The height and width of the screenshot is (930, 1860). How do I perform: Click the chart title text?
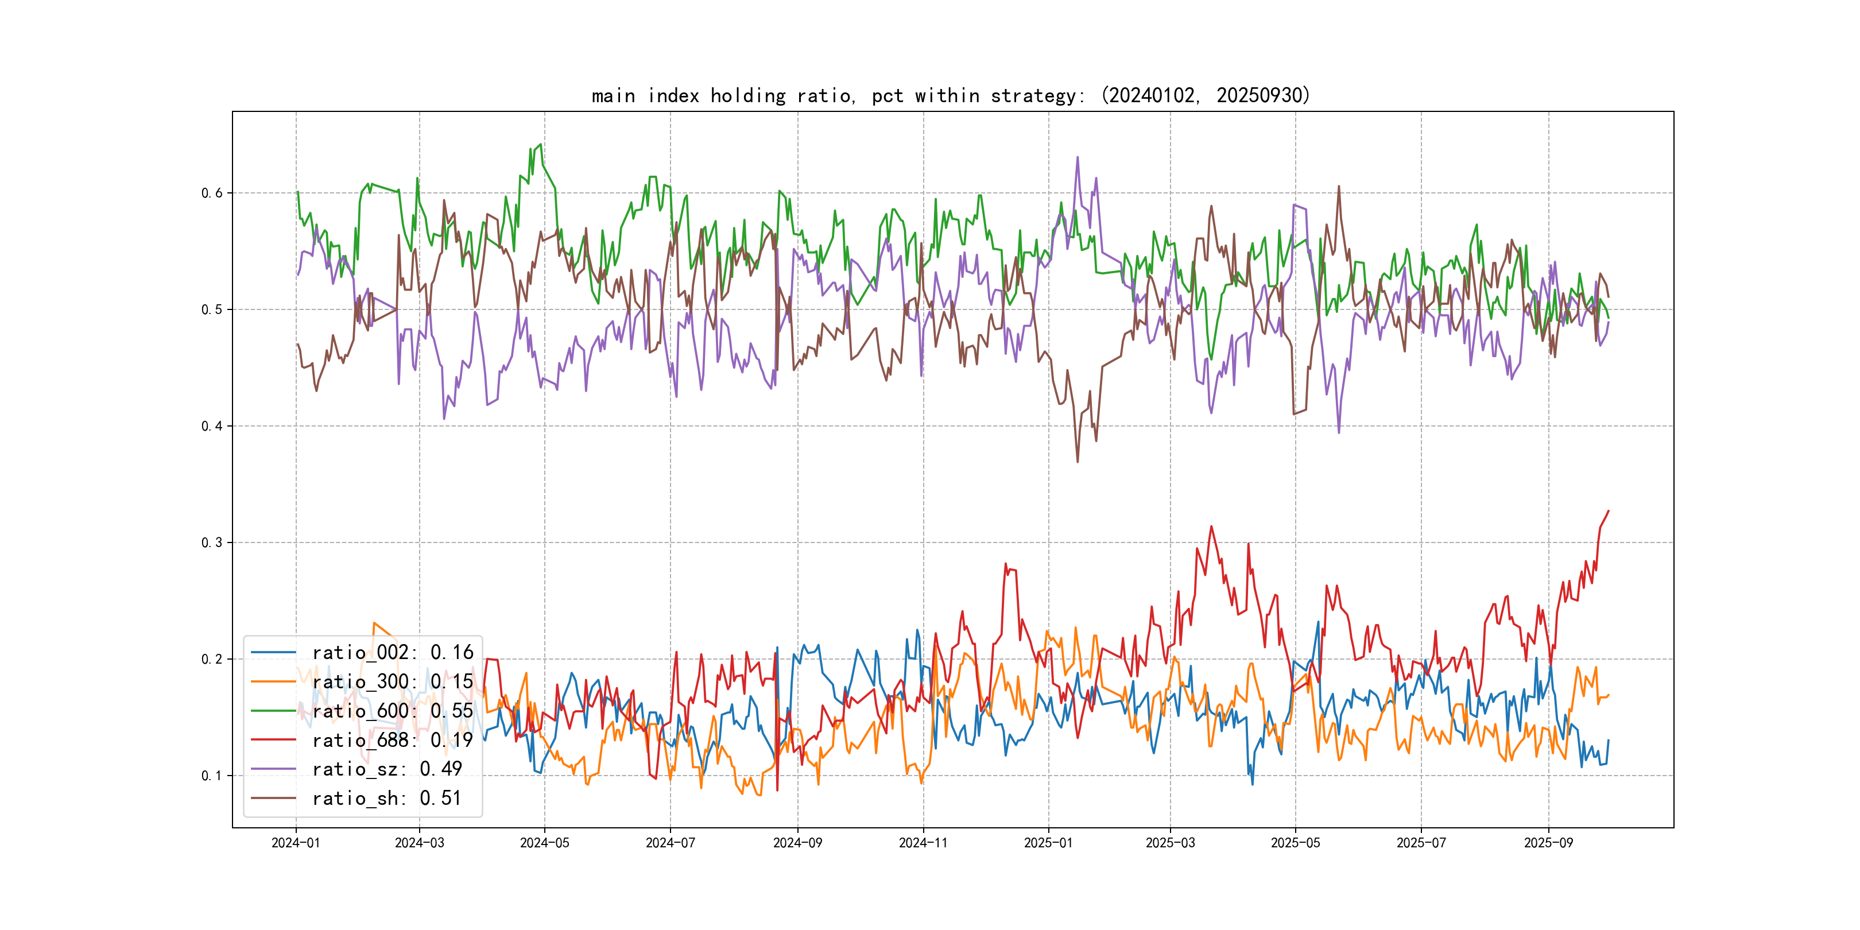pos(950,96)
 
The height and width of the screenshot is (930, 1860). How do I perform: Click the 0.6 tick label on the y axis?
pos(212,193)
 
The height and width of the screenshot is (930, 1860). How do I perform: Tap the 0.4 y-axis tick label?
pos(212,426)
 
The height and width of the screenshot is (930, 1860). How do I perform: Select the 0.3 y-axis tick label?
pos(212,543)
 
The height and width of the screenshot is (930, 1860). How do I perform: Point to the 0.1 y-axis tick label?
pos(212,776)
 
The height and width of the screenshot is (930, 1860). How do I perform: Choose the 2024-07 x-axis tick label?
pos(670,843)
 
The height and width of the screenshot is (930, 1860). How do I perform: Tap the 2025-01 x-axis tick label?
pos(1048,843)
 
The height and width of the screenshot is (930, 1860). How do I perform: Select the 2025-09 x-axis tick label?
pos(1548,843)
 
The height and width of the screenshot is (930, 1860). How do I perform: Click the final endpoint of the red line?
pos(1609,511)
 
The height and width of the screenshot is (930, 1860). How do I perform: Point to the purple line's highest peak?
pos(1078,157)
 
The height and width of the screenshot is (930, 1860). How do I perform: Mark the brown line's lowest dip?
pos(1078,462)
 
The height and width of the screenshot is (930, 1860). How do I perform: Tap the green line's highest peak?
pos(540,145)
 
